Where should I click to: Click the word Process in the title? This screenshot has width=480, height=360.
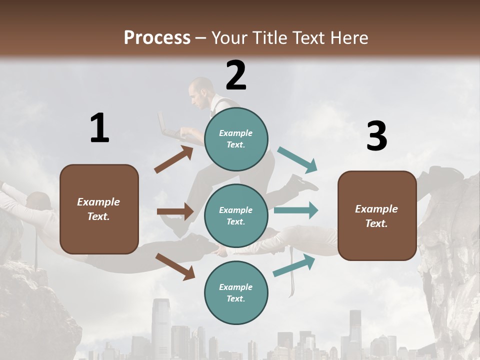(157, 37)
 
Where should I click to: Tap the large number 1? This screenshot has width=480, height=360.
(99, 128)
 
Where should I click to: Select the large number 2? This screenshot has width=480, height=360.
(236, 75)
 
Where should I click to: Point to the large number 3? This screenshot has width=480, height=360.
(376, 136)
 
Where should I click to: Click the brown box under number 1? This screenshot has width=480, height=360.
(99, 209)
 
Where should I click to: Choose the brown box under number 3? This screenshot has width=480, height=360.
(376, 216)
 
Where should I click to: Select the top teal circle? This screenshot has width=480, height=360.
(236, 139)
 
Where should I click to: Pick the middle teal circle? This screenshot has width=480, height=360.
(236, 216)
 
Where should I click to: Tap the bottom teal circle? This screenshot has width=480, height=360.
(236, 293)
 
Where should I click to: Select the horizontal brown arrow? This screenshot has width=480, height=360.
(175, 211)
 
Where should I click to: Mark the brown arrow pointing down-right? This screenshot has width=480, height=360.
(175, 266)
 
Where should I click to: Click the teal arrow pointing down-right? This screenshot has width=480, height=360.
(297, 160)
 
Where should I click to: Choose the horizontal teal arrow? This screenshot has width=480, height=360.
(296, 210)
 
